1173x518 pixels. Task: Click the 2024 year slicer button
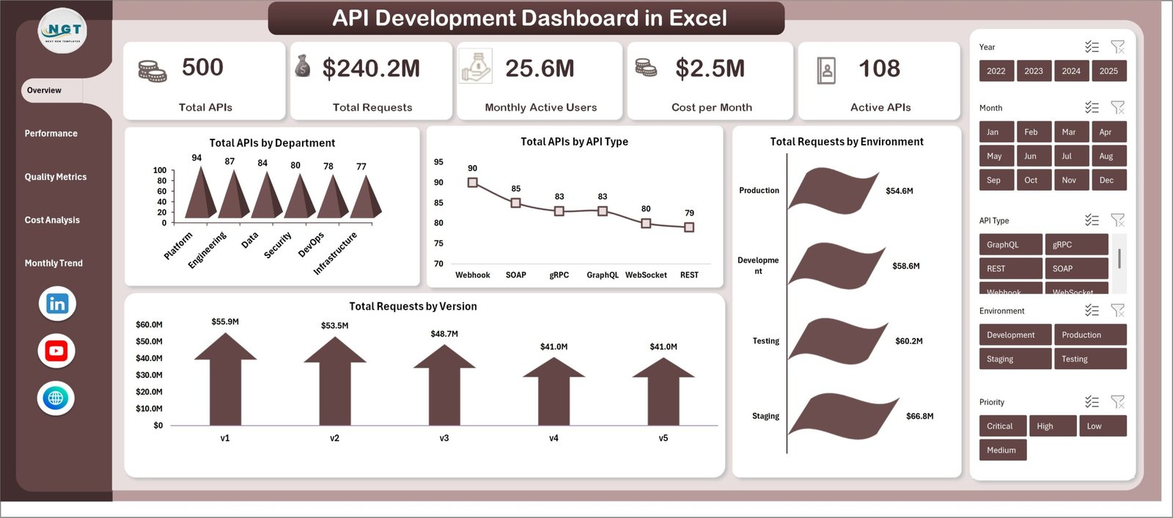(x=1071, y=71)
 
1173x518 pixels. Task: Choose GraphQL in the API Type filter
(x=1010, y=244)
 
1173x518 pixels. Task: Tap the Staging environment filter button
(x=1015, y=359)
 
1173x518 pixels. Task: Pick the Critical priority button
(x=1001, y=426)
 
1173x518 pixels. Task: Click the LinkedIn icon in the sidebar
(x=57, y=304)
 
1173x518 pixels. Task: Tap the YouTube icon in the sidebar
(x=56, y=351)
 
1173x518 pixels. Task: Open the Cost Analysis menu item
(x=52, y=220)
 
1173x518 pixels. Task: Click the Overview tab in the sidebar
(x=45, y=90)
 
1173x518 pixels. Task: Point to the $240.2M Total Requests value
(x=371, y=69)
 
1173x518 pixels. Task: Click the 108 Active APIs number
(x=879, y=69)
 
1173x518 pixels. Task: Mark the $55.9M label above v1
(x=225, y=321)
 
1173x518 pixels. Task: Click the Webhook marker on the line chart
(x=473, y=183)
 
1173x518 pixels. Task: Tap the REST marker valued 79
(x=689, y=227)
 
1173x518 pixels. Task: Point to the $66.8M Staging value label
(x=919, y=416)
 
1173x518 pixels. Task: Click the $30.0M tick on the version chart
(x=149, y=375)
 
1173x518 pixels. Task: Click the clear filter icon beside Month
(x=1117, y=108)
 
